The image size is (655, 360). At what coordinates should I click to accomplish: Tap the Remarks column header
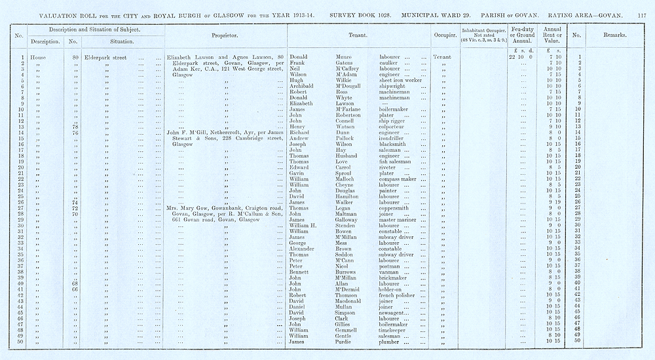pyautogui.click(x=610, y=34)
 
